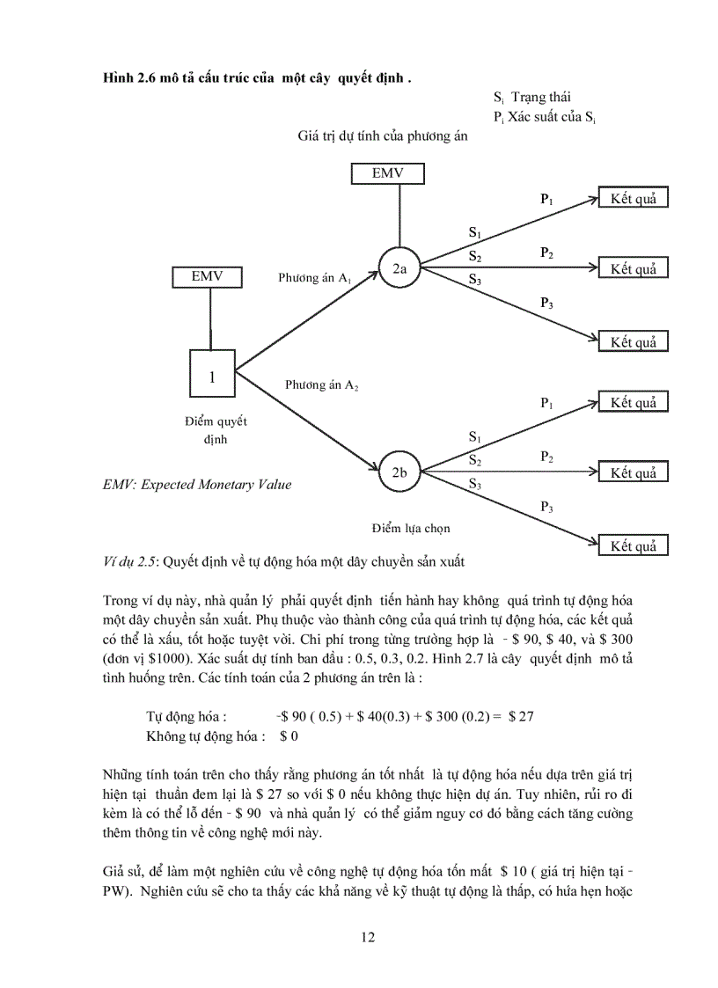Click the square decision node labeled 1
(x=212, y=376)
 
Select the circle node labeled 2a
(x=399, y=270)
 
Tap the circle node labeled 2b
(x=399, y=472)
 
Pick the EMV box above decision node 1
(x=208, y=276)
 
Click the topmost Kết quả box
(x=634, y=198)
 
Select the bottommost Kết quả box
(x=634, y=545)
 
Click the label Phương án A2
(x=321, y=385)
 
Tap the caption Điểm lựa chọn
(x=411, y=528)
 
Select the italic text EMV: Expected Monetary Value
(x=197, y=484)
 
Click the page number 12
(x=368, y=936)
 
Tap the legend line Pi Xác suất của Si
(x=546, y=116)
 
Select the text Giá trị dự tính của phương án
(x=383, y=136)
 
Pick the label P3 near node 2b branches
(x=546, y=507)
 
